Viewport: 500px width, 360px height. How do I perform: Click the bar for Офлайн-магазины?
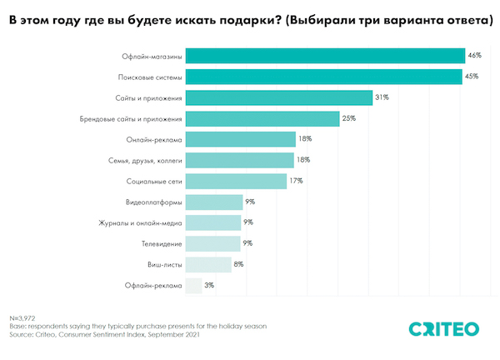pos(325,56)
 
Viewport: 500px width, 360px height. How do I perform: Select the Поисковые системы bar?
pos(323,77)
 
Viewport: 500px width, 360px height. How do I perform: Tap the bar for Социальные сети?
pos(236,181)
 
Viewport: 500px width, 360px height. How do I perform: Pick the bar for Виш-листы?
pos(208,265)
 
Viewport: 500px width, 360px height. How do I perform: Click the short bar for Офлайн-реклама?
pos(193,286)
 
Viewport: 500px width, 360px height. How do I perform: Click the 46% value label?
pos(475,56)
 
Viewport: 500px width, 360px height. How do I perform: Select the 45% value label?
pos(472,77)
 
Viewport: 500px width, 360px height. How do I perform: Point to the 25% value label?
pos(348,118)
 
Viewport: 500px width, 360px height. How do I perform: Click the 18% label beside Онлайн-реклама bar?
pos(306,139)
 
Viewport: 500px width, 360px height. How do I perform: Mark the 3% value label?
pos(210,286)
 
